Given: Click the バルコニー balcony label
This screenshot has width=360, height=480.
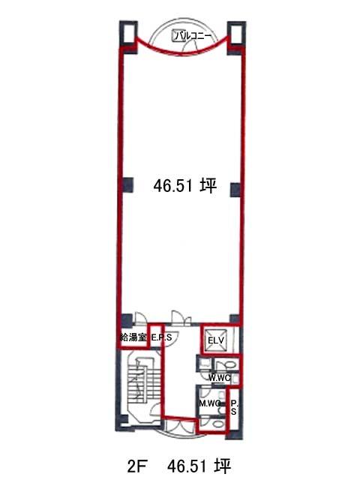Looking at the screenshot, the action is click(193, 36).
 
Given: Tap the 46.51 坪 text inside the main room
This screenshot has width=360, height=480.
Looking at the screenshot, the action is click(185, 186).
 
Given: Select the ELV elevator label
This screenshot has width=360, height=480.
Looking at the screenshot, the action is click(216, 340).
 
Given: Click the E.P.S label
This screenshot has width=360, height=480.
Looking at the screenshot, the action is click(162, 338).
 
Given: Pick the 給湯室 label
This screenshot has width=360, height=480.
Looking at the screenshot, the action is click(133, 338).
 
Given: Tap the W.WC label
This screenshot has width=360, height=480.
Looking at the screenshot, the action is click(220, 378).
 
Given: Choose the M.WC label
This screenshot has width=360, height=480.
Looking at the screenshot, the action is click(209, 403).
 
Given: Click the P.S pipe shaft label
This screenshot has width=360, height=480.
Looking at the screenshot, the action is click(234, 408).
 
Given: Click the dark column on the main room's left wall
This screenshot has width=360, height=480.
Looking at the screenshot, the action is click(127, 184).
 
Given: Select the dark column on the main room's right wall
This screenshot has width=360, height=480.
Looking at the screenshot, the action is click(235, 190).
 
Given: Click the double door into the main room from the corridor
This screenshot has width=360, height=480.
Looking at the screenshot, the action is click(181, 318).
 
